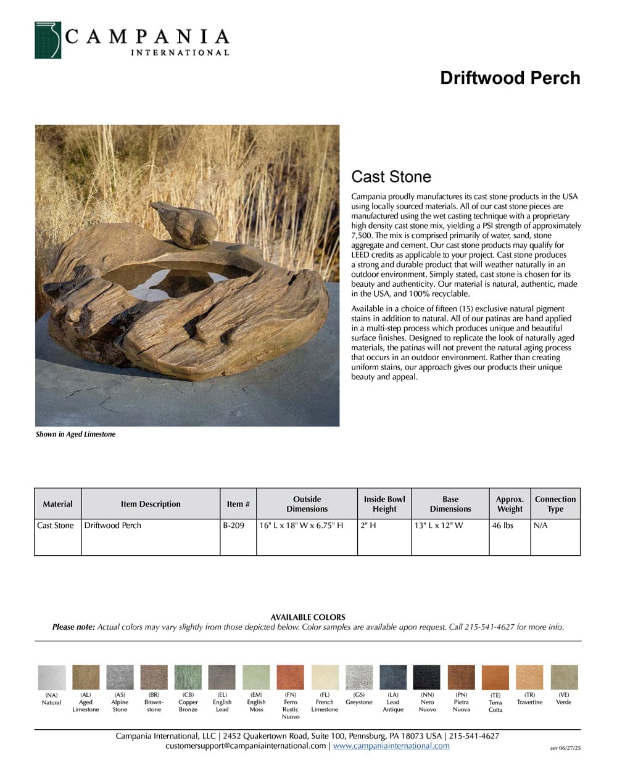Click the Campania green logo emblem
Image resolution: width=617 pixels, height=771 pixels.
tap(48, 41)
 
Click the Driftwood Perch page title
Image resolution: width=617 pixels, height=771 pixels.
tap(510, 78)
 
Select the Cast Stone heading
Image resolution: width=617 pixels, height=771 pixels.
tap(391, 177)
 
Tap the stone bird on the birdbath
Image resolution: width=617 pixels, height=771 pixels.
tap(185, 223)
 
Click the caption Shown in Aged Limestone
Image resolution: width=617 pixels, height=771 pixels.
tap(75, 434)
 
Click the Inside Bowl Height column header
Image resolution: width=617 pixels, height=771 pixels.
tap(384, 504)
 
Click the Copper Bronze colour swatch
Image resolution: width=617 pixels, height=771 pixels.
tap(188, 677)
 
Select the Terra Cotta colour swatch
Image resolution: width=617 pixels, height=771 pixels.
tap(495, 678)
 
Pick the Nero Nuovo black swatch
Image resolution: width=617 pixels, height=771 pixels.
tap(427, 677)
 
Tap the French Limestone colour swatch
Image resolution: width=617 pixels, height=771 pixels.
tap(325, 677)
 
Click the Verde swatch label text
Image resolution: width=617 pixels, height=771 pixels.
tap(563, 702)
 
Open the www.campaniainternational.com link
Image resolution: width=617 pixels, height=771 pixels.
tap(391, 746)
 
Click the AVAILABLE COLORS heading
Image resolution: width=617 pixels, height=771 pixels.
tap(308, 617)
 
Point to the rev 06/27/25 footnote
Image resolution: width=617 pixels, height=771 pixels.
tap(565, 748)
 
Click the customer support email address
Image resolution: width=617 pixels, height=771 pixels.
tap(246, 746)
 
